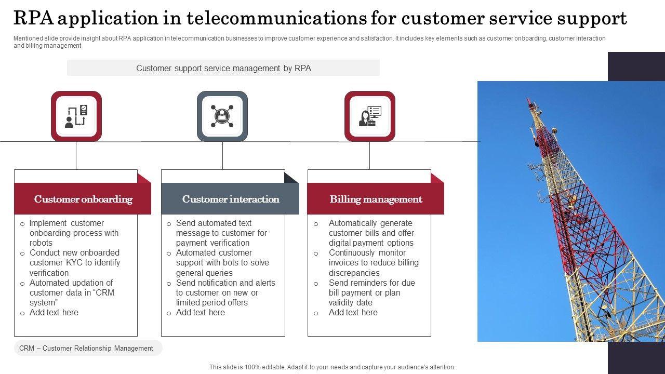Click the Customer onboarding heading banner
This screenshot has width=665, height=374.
point(83,199)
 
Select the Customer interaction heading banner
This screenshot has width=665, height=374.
point(230,199)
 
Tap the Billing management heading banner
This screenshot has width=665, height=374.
point(376,199)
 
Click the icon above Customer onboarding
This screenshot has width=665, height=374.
point(76,116)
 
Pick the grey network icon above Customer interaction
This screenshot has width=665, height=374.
point(222,116)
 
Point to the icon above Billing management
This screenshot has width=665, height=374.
point(370,116)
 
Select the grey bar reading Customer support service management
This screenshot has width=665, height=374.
point(223,68)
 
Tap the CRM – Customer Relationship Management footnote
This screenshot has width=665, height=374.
point(86,348)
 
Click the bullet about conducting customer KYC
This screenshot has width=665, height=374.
point(74,262)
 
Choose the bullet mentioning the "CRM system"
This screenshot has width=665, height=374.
point(71,292)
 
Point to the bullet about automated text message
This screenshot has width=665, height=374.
point(221,233)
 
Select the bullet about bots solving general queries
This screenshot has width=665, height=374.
point(222,262)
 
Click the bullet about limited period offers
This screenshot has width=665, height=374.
point(225,292)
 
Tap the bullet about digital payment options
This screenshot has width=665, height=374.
point(371,233)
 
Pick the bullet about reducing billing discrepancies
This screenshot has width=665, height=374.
point(373,262)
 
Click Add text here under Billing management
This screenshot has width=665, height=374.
point(353,312)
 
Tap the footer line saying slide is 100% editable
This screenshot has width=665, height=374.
point(332,367)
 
